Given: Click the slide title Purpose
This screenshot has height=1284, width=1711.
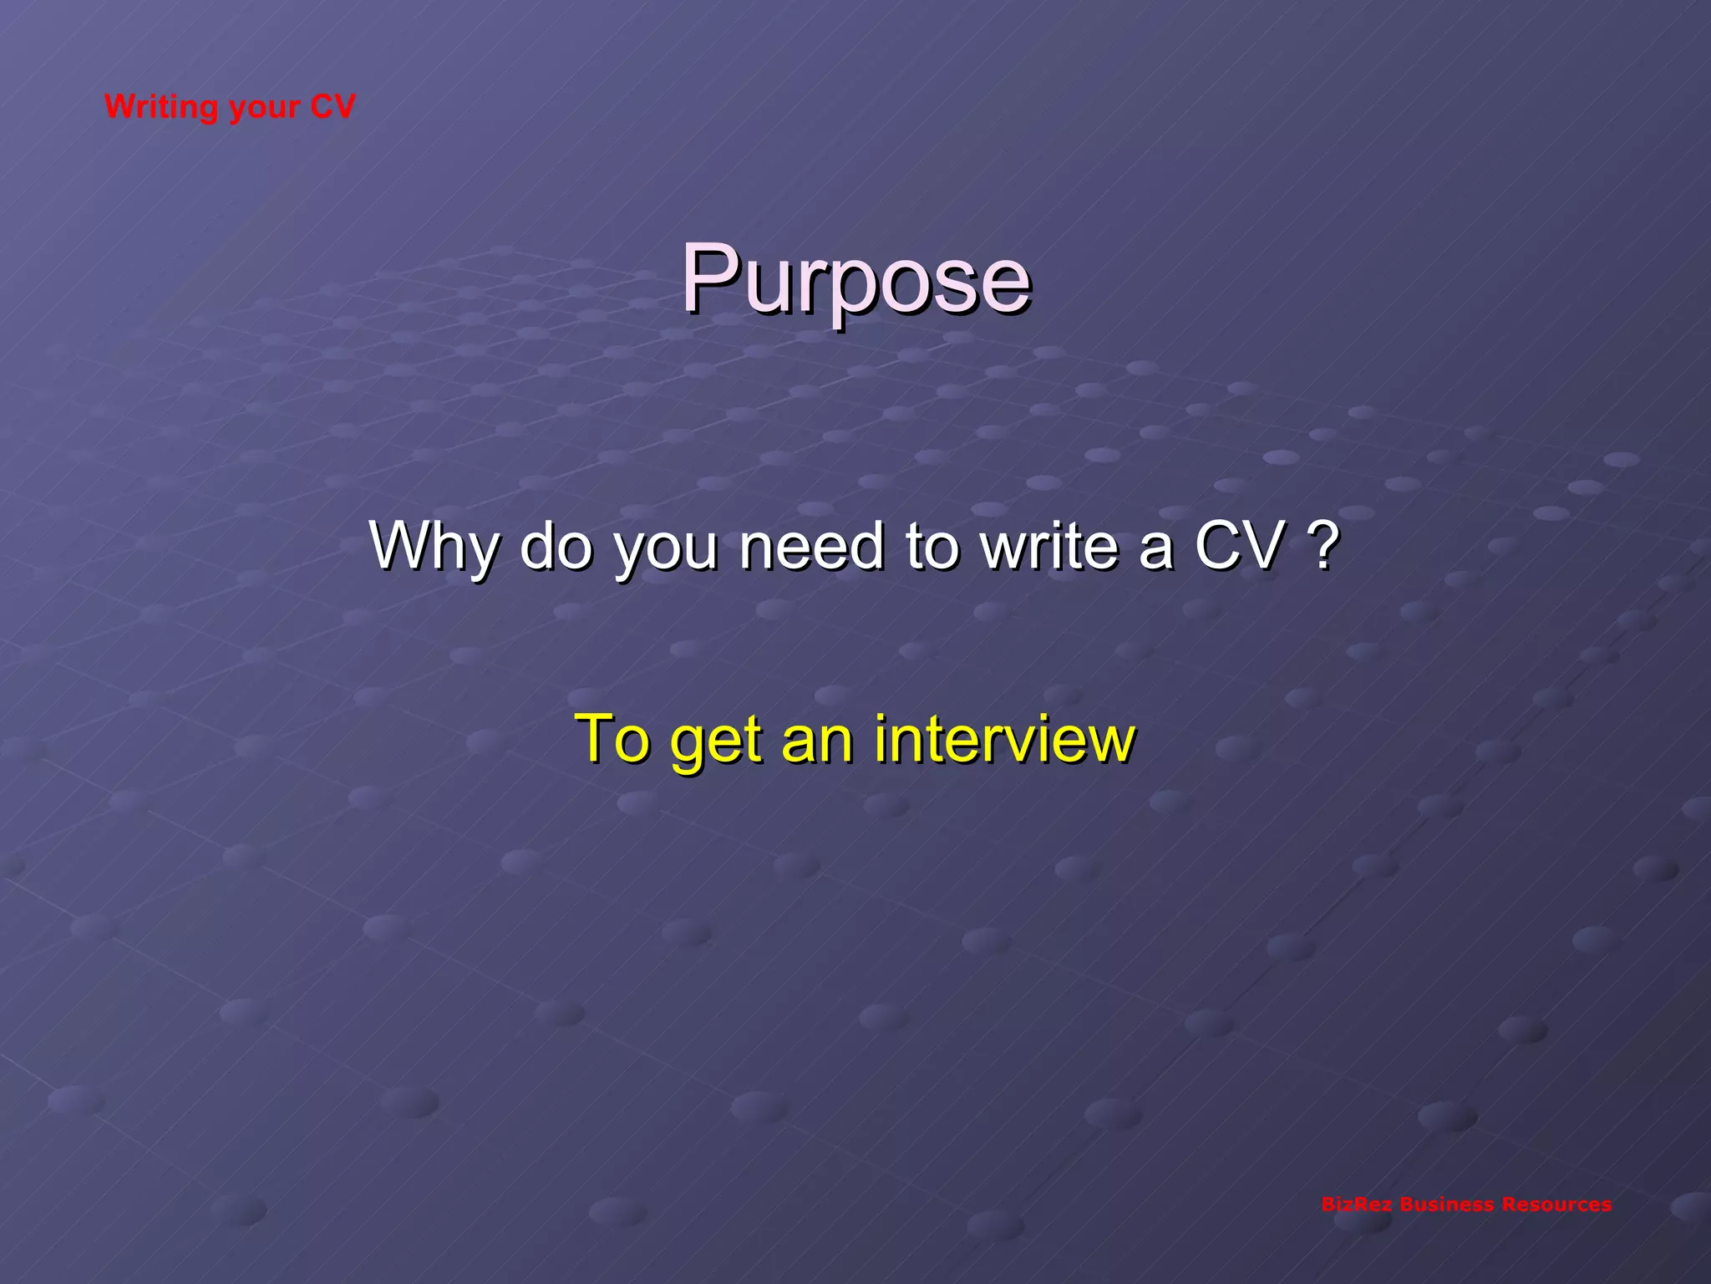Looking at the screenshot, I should (x=855, y=280).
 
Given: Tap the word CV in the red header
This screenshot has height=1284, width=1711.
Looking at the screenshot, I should (x=333, y=106).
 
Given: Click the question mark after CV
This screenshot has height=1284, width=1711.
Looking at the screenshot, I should (x=1322, y=545).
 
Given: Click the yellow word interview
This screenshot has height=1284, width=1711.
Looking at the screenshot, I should (x=1005, y=739).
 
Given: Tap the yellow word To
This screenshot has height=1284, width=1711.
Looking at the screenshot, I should (x=612, y=739).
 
